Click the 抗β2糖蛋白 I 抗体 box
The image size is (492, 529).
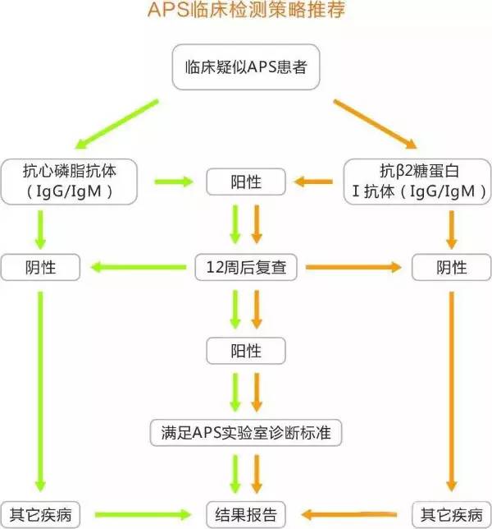[408, 182]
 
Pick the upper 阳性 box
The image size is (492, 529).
[245, 182]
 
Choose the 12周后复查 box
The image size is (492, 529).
[246, 267]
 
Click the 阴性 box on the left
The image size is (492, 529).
[41, 267]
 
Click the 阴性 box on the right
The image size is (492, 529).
[451, 267]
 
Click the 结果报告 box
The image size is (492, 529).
[246, 515]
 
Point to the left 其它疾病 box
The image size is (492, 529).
[41, 515]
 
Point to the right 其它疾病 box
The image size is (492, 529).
[451, 515]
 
